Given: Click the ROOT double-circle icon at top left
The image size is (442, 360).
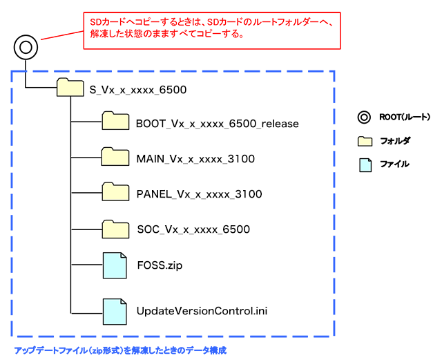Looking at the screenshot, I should (25, 48).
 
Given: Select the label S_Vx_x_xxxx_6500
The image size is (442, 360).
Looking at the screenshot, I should (138, 89).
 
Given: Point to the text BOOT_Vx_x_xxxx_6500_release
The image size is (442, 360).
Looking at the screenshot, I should (217, 124).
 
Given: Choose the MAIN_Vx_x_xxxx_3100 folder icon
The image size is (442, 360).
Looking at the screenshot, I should (115, 158).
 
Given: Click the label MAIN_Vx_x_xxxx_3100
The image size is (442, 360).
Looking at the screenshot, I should (195, 159).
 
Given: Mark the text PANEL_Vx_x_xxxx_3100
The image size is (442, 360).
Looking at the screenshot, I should (199, 194).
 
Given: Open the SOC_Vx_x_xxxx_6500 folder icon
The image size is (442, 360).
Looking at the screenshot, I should (115, 229).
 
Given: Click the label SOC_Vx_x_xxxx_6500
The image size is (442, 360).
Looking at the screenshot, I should (193, 229).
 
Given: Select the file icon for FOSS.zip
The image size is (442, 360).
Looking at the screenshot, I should (115, 265).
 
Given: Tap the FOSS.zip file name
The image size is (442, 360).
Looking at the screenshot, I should (160, 265).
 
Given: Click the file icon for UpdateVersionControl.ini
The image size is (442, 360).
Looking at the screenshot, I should (115, 312).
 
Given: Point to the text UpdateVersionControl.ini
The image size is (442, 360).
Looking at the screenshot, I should (202, 312).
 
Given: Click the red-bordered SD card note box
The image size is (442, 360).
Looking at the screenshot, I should (212, 30).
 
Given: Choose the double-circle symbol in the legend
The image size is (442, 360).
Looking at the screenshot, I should (364, 117).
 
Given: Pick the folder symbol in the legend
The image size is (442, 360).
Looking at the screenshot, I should (364, 141).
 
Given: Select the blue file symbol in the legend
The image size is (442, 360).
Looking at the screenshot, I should (364, 164).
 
